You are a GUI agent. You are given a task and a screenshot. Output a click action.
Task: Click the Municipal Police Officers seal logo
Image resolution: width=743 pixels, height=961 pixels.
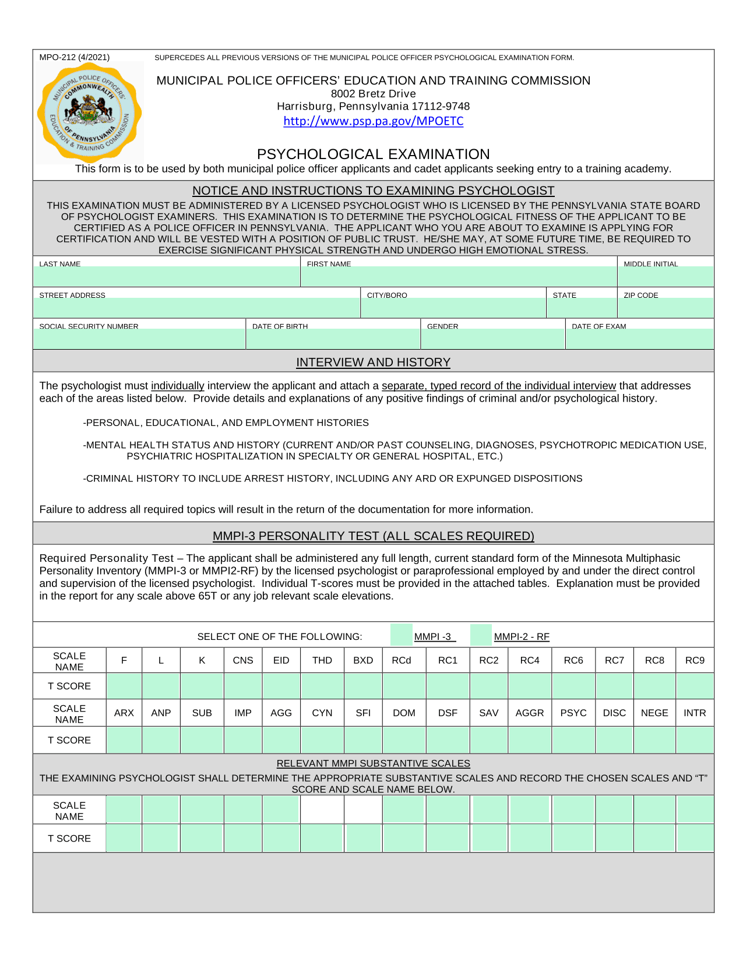click(89, 113)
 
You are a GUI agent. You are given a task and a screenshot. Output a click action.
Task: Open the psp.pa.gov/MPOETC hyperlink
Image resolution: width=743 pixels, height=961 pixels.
click(373, 121)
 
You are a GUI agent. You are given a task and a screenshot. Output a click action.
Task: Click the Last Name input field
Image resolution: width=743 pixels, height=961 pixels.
click(167, 276)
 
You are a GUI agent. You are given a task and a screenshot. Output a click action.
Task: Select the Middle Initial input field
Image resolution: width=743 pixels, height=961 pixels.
click(665, 276)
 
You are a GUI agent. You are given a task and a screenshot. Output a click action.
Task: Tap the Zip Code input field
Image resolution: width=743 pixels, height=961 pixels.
click(665, 308)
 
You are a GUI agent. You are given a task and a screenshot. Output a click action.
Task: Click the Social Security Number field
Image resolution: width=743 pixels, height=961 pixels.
click(139, 339)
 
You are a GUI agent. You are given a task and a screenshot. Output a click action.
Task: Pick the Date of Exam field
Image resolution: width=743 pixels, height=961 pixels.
click(639, 339)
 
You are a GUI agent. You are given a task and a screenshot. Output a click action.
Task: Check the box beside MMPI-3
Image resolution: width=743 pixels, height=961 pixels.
click(402, 635)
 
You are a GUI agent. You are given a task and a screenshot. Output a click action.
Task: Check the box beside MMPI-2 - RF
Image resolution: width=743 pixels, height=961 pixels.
click(481, 635)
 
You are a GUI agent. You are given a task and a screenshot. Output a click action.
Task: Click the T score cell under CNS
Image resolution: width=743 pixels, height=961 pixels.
click(243, 686)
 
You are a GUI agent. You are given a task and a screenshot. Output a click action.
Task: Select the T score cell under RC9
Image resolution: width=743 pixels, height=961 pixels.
click(695, 686)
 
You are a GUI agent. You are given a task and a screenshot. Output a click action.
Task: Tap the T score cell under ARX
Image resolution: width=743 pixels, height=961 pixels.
click(124, 740)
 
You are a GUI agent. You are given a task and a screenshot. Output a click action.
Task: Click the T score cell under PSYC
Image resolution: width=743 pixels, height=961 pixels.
click(573, 740)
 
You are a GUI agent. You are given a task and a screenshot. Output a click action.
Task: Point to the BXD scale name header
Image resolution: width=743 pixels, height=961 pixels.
click(363, 660)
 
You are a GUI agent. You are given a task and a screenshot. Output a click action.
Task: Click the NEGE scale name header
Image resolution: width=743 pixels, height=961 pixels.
click(654, 713)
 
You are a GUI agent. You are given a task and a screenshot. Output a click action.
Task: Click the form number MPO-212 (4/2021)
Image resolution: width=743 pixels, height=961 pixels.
click(74, 57)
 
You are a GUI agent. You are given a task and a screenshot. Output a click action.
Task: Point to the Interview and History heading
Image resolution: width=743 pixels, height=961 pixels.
click(373, 362)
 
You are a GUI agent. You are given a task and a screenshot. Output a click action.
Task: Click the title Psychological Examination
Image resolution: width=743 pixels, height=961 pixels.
click(373, 154)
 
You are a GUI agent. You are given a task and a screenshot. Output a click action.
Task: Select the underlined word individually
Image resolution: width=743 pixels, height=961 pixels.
click(177, 386)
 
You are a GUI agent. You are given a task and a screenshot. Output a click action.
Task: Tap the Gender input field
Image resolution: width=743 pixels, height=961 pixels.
click(492, 339)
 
